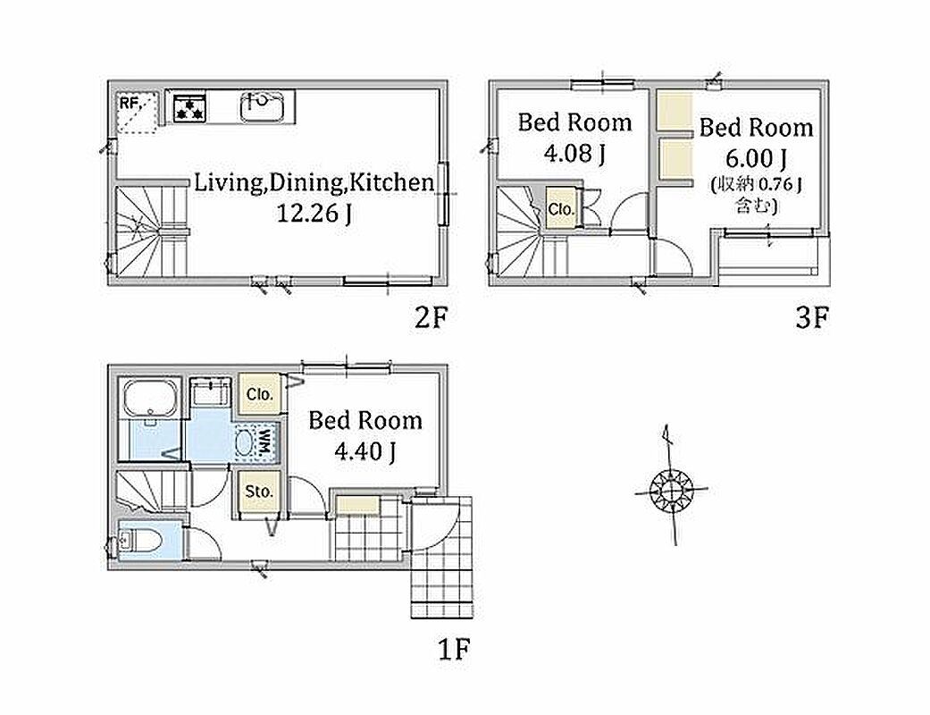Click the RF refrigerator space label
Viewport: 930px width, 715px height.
click(130, 104)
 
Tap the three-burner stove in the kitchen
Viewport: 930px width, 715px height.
click(189, 108)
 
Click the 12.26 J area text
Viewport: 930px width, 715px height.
click(314, 213)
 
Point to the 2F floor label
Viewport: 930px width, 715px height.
click(430, 318)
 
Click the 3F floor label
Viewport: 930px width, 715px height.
click(811, 319)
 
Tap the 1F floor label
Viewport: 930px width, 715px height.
click(454, 649)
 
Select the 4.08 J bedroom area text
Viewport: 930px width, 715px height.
click(574, 154)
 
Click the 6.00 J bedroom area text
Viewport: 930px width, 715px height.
click(756, 158)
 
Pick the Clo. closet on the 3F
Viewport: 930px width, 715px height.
click(560, 209)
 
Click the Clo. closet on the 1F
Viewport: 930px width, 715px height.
click(260, 394)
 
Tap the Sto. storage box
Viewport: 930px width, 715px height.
click(259, 492)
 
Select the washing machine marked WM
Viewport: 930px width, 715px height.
click(256, 442)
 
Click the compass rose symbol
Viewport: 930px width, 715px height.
click(671, 490)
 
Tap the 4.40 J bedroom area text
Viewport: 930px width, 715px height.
click(364, 451)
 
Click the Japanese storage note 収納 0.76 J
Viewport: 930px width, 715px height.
click(756, 185)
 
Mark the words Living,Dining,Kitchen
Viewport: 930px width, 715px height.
click(314, 182)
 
